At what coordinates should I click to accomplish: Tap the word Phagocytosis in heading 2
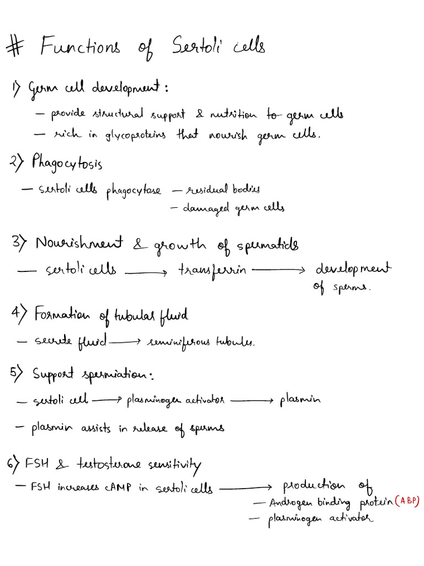pyautogui.click(x=67, y=163)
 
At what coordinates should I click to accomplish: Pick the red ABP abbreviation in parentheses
pyautogui.click(x=407, y=501)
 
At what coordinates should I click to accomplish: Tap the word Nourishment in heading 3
pyautogui.click(x=79, y=243)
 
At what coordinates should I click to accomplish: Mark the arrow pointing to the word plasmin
pyautogui.click(x=252, y=400)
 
